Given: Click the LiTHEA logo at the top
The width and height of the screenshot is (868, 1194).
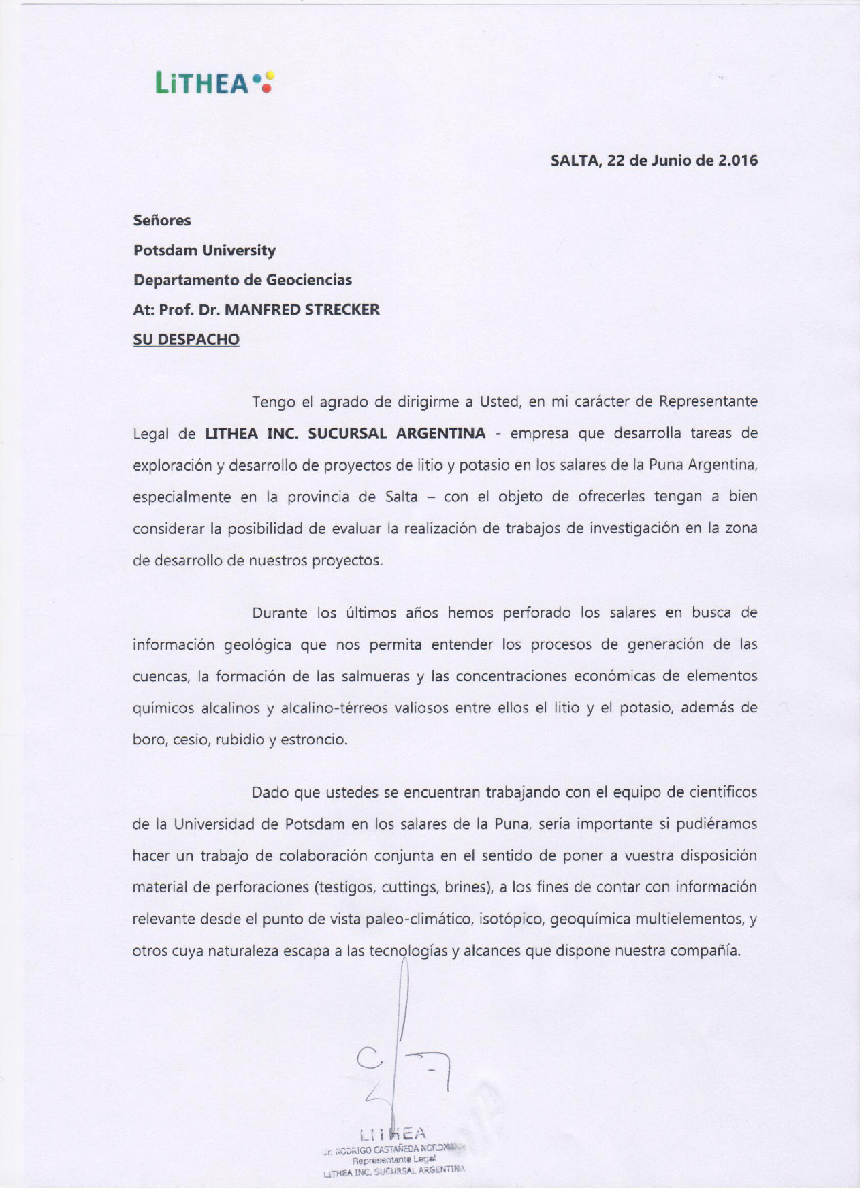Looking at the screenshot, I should (x=214, y=83).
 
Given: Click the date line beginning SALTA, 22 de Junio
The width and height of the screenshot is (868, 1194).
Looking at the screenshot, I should (x=654, y=161).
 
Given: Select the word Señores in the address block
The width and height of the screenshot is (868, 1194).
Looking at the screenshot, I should (x=162, y=221).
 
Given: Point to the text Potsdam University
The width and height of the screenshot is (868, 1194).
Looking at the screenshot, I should (x=204, y=251).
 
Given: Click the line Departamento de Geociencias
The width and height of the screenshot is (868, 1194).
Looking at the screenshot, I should (x=242, y=280).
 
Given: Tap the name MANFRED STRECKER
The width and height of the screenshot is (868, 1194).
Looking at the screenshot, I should (x=302, y=310).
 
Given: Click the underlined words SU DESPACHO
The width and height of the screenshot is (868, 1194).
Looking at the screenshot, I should (x=186, y=339).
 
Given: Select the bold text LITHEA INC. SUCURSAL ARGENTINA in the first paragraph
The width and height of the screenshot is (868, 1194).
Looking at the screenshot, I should (x=346, y=433).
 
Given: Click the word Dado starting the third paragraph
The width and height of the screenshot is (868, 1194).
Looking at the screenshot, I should (x=269, y=793).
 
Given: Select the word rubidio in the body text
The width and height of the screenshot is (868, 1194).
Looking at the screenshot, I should (x=240, y=740).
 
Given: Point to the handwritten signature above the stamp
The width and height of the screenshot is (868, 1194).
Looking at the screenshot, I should (x=402, y=1049).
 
